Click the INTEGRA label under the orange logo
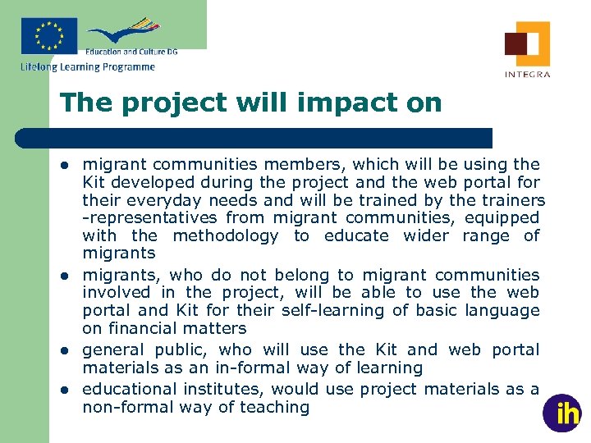[x=527, y=74]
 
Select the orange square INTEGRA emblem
[x=527, y=43]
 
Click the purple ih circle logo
[x=562, y=413]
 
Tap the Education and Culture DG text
[x=131, y=52]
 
